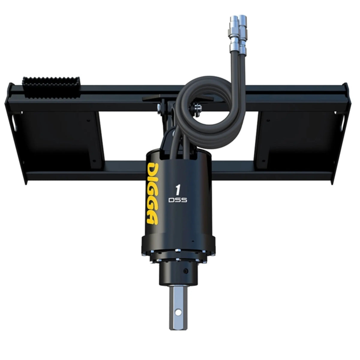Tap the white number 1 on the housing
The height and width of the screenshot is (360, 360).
(178, 190)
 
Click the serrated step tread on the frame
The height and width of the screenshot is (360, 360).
(50, 87)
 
